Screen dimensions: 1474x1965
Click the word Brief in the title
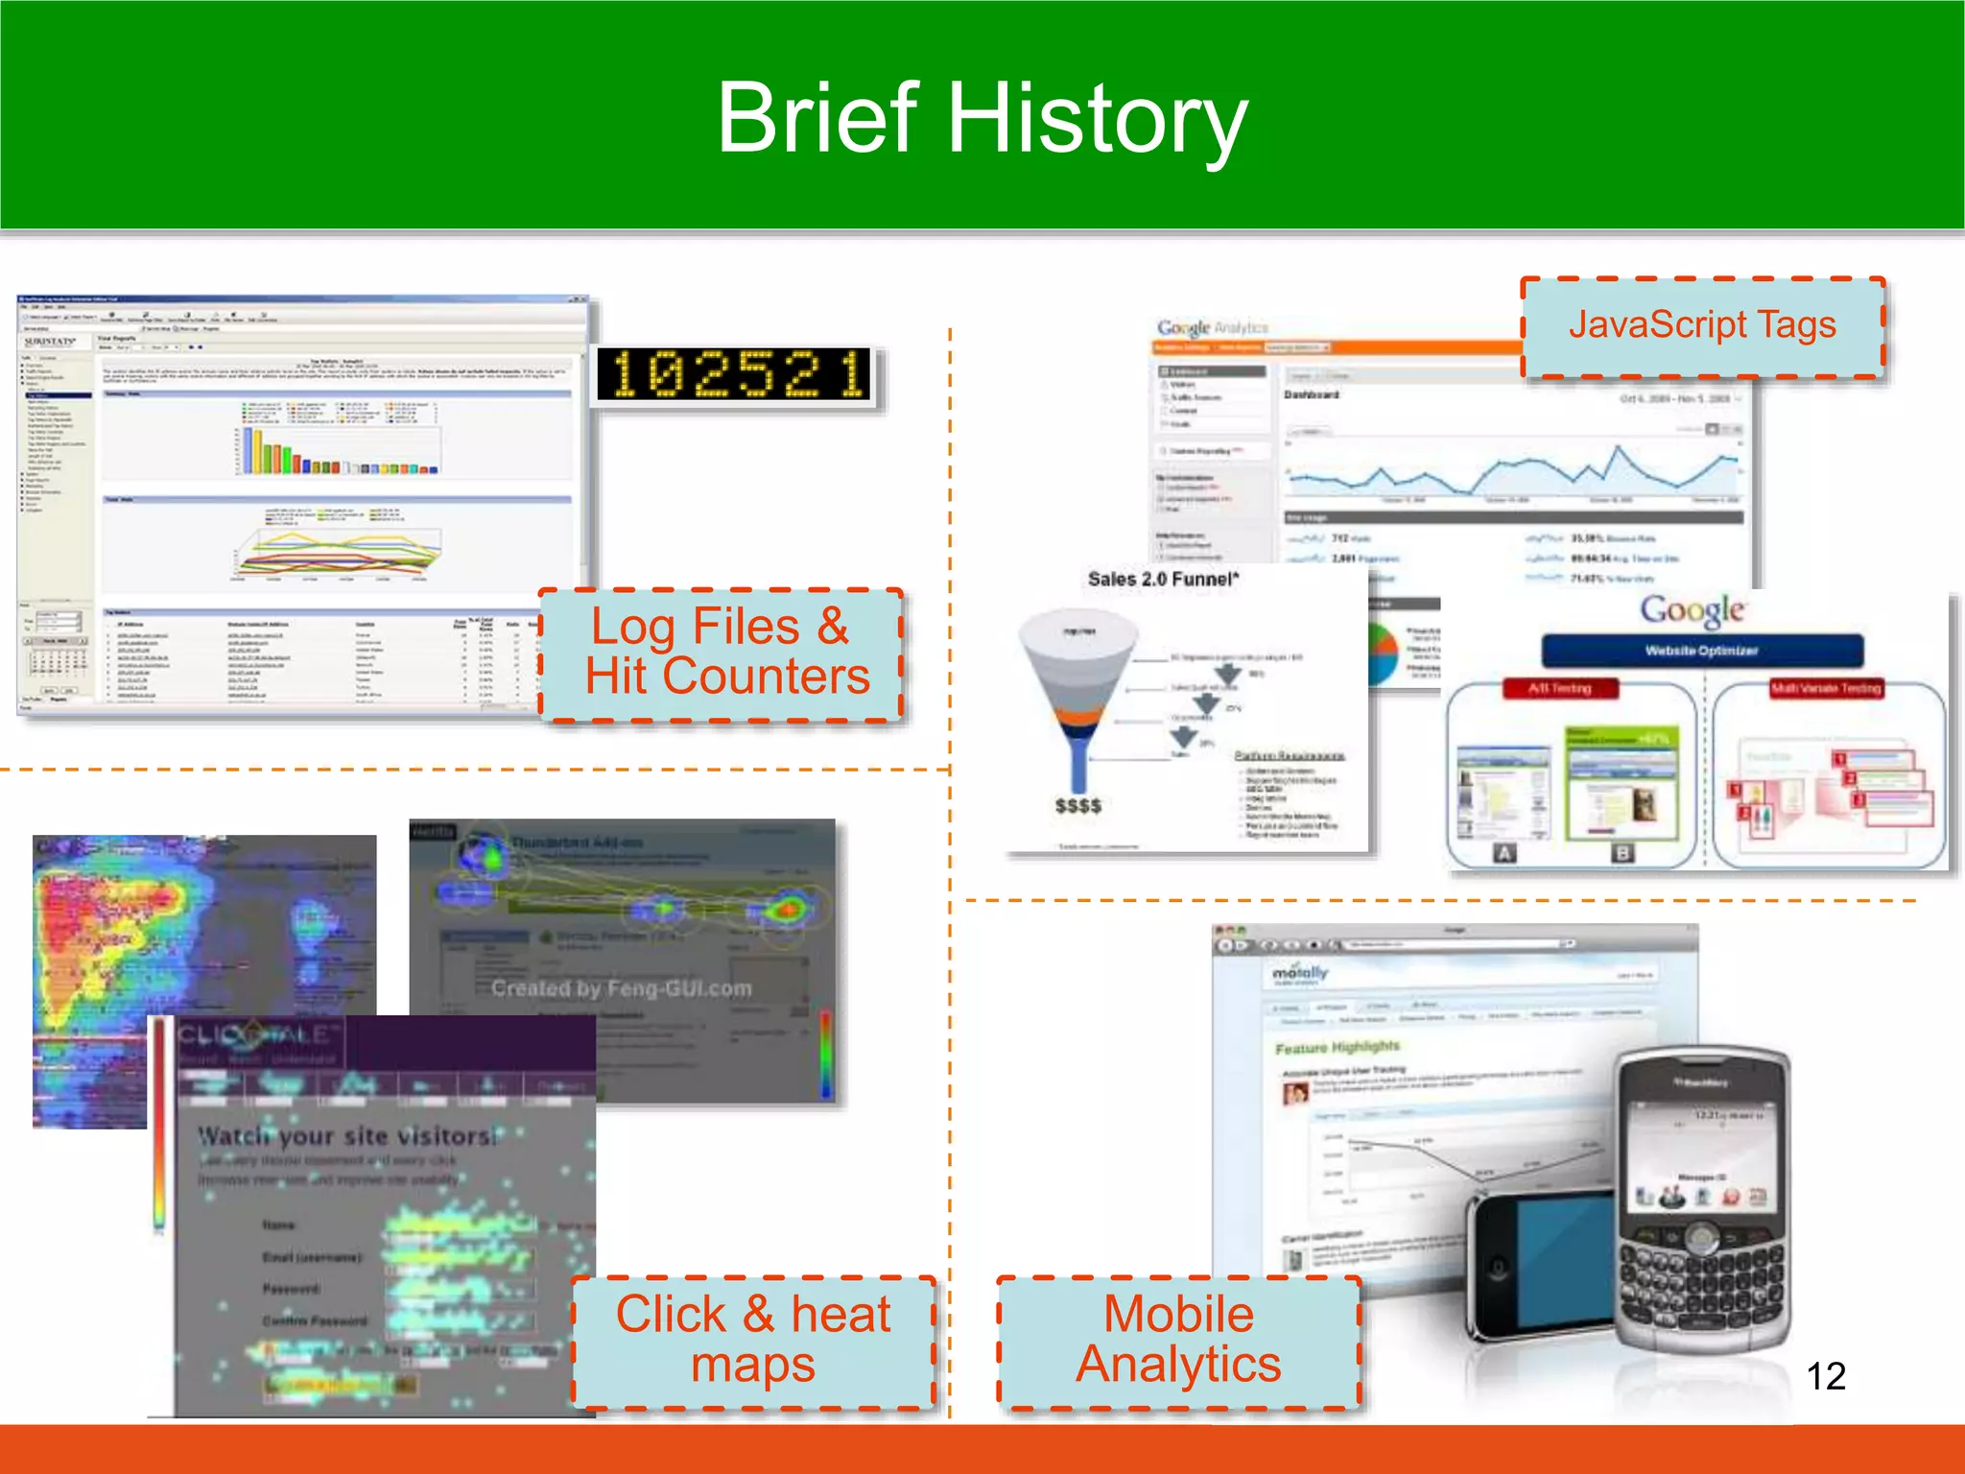click(x=817, y=118)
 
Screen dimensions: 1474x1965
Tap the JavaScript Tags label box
click(x=1702, y=326)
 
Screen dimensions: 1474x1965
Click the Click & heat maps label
click(x=753, y=1341)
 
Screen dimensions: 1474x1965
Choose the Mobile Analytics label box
click(x=1178, y=1341)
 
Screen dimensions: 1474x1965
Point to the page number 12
click(x=1825, y=1376)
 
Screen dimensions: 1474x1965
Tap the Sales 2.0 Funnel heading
click(x=1163, y=579)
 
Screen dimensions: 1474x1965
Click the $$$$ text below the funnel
click(x=1077, y=806)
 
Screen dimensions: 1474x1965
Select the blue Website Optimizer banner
click(x=1701, y=651)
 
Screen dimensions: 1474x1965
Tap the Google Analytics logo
click(x=1212, y=328)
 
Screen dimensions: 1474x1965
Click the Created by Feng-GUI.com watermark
click(x=622, y=988)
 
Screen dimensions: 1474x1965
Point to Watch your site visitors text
click(x=347, y=1136)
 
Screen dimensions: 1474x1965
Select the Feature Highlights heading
click(x=1338, y=1047)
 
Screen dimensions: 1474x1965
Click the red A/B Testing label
click(x=1559, y=688)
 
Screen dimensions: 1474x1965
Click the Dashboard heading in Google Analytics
click(x=1312, y=394)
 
